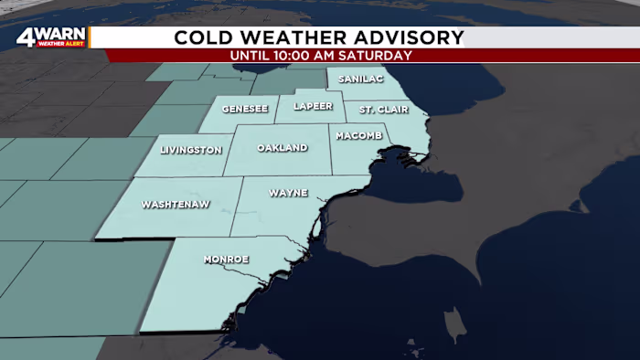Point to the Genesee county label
(x=245, y=110)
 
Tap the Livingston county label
(x=191, y=150)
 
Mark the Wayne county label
(x=288, y=193)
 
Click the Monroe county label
(x=226, y=259)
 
